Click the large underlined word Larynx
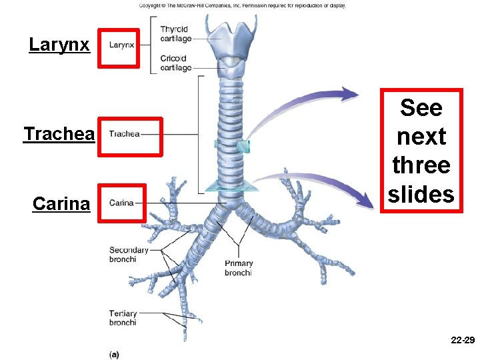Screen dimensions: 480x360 [59, 45]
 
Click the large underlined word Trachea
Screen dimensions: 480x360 [59, 134]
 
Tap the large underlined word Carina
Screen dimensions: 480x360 [61, 203]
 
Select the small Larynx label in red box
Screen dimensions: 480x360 [121, 45]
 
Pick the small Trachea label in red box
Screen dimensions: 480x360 [124, 134]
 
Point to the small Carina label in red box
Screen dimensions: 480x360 [121, 203]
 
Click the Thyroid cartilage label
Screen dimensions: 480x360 [175, 33]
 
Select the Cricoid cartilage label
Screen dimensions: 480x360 [175, 63]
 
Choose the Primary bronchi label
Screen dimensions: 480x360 [238, 268]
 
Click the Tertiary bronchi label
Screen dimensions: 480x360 [123, 318]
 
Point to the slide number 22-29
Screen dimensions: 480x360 [462, 341]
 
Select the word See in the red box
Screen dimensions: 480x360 [421, 107]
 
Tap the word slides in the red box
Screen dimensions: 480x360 [421, 194]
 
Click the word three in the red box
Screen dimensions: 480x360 [421, 165]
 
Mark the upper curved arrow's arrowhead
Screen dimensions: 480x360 [351, 95]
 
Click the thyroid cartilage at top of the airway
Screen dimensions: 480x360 [230, 37]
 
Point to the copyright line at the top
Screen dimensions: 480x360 [242, 5]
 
